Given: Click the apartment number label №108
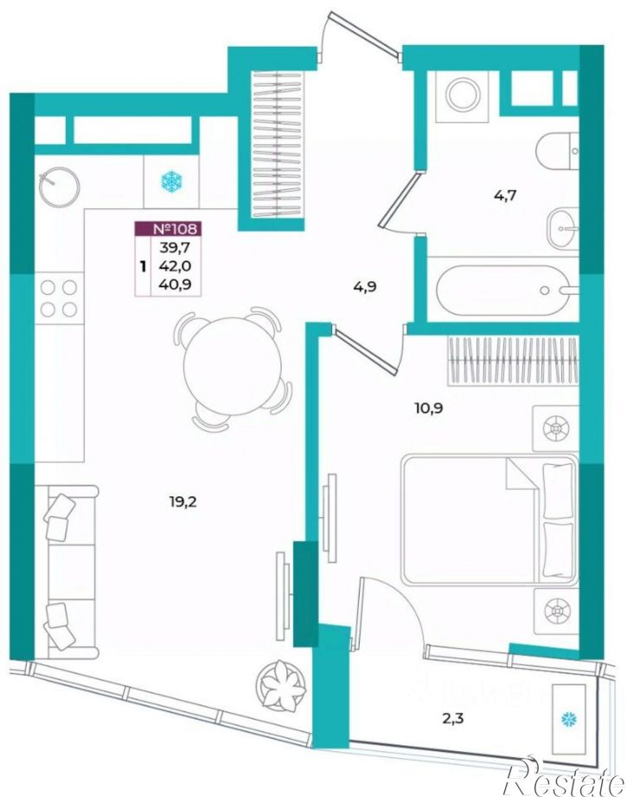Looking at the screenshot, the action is click(175, 229).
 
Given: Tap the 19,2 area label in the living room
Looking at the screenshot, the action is click(183, 502).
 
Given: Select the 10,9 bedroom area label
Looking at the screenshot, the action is click(429, 408).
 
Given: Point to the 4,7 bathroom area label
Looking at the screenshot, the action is click(505, 194).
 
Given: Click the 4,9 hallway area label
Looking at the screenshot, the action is click(365, 287).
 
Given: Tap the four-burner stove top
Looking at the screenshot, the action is click(59, 299).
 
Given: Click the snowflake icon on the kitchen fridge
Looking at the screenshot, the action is click(172, 182).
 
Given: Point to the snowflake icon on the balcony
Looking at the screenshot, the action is click(568, 719).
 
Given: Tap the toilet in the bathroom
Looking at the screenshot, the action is click(557, 151).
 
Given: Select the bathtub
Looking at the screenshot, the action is click(503, 290).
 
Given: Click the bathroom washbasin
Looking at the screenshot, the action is click(562, 229).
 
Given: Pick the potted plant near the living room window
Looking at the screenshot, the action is click(281, 684).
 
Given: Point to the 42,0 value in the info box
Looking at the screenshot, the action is click(175, 265).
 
